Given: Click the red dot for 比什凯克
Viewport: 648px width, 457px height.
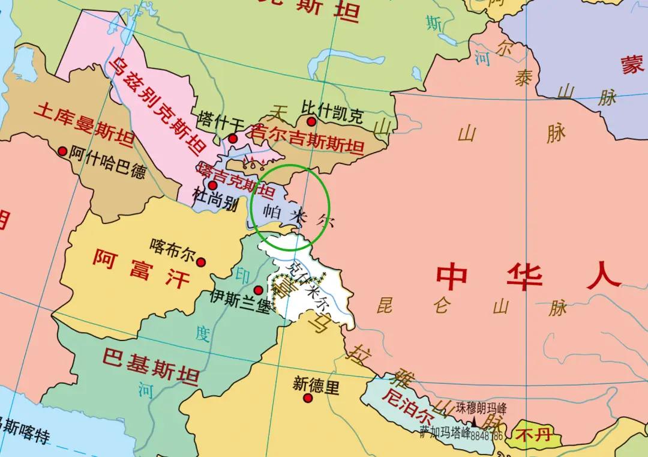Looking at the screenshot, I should pyautogui.click(x=311, y=122).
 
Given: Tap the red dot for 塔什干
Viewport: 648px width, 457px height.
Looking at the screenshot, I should pyautogui.click(x=233, y=139).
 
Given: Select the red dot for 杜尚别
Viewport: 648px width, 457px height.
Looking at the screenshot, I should pyautogui.click(x=212, y=185).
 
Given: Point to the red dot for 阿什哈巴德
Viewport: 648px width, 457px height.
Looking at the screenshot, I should pyautogui.click(x=62, y=151).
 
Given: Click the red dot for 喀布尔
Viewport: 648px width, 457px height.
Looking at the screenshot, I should pyautogui.click(x=202, y=262).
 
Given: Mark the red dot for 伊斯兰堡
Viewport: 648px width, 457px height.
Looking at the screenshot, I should pyautogui.click(x=259, y=291).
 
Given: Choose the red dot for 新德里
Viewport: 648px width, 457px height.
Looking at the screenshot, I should pyautogui.click(x=308, y=398).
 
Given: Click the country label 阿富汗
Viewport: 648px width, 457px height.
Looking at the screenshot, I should pyautogui.click(x=141, y=268).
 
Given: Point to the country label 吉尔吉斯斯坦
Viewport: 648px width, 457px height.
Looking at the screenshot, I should pyautogui.click(x=307, y=138).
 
